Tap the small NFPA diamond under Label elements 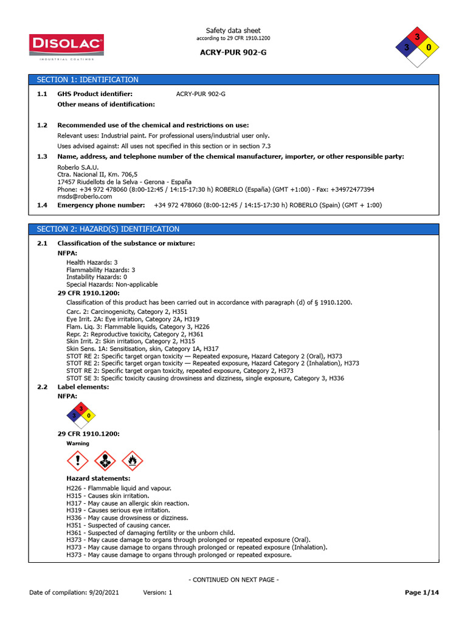(80, 416)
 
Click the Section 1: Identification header (88, 80)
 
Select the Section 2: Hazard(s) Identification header (108, 229)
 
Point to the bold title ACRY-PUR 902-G (233, 52)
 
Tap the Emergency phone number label (101, 205)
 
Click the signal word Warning (78, 444)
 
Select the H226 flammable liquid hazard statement (119, 488)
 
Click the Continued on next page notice (233, 580)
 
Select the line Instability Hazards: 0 (97, 277)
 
